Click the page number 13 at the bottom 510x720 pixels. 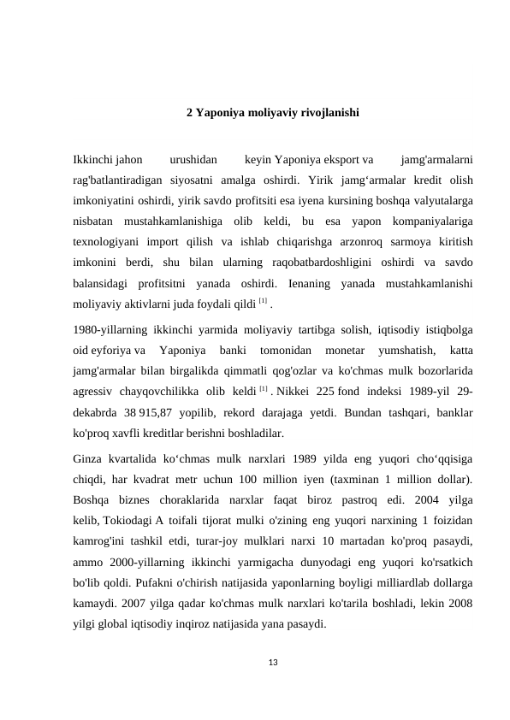click(273, 660)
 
